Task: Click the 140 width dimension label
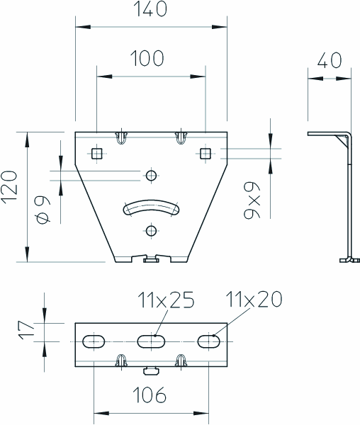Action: pyautogui.click(x=150, y=8)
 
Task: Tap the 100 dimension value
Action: pyautogui.click(x=147, y=58)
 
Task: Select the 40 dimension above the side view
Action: pyautogui.click(x=330, y=60)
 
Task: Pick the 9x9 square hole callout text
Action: pyautogui.click(x=252, y=200)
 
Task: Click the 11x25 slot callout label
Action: pyautogui.click(x=166, y=300)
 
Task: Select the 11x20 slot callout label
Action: pyautogui.click(x=254, y=299)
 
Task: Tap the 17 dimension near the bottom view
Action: pyautogui.click(x=26, y=330)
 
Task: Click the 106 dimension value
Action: pyautogui.click(x=150, y=395)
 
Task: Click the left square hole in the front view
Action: pyautogui.click(x=97, y=154)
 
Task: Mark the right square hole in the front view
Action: pyautogui.click(x=206, y=154)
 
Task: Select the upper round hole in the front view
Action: pyautogui.click(x=151, y=176)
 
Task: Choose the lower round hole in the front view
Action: pyautogui.click(x=151, y=231)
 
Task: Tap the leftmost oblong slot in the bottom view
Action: pyautogui.click(x=94, y=341)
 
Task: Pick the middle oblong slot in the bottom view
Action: pyautogui.click(x=151, y=341)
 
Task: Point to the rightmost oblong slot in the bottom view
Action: pyautogui.click(x=209, y=341)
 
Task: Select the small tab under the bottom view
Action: pyautogui.click(x=151, y=370)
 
